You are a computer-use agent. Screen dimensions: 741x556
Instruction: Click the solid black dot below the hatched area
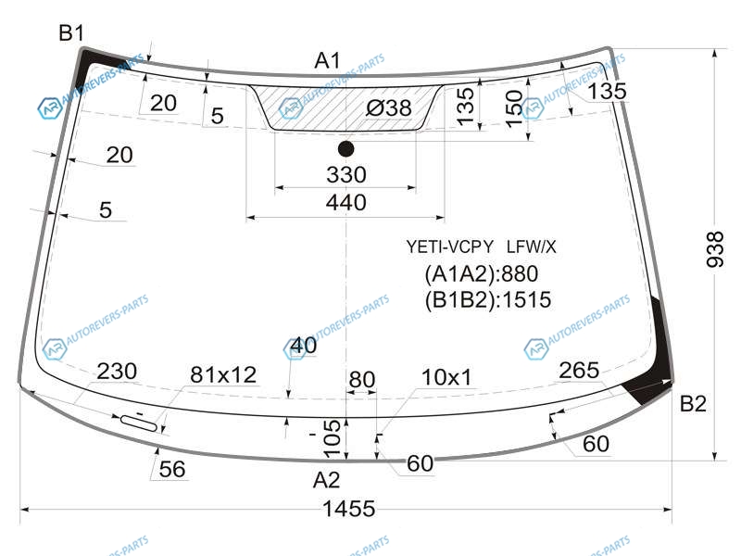click(345, 149)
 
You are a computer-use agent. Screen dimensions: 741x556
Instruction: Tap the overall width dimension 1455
click(349, 509)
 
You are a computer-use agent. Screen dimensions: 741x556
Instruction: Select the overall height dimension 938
click(715, 249)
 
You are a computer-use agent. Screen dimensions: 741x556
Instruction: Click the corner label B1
click(71, 33)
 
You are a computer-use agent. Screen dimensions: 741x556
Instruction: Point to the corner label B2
click(693, 403)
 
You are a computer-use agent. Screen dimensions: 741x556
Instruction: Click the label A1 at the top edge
click(328, 60)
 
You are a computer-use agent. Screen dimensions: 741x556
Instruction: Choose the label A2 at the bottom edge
click(326, 480)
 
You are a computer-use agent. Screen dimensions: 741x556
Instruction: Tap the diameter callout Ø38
click(389, 107)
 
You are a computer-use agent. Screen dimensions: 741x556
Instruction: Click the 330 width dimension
click(345, 174)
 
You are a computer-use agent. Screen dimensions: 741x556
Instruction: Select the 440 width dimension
click(345, 202)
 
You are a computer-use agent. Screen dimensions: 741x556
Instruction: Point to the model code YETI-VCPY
click(449, 246)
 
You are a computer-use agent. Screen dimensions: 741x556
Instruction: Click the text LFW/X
click(531, 246)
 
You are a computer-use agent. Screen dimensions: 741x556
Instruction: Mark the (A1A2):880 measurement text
click(482, 273)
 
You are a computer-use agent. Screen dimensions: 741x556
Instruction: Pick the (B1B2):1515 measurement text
click(488, 299)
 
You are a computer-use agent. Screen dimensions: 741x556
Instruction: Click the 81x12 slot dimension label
click(223, 375)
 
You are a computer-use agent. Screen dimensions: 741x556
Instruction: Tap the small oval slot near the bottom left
click(139, 423)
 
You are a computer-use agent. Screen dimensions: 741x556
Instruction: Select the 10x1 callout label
click(446, 377)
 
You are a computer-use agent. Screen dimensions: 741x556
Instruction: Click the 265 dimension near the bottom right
click(579, 370)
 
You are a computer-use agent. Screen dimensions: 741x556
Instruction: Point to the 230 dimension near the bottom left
click(117, 372)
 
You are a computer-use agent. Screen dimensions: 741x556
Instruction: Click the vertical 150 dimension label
click(514, 109)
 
